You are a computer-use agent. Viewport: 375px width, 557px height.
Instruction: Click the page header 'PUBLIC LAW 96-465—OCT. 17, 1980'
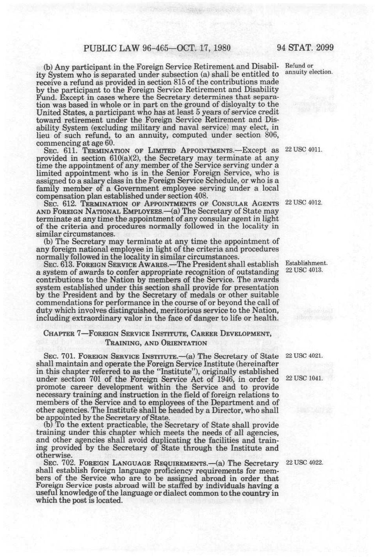(157, 48)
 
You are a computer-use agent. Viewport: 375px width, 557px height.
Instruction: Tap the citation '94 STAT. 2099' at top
(305, 48)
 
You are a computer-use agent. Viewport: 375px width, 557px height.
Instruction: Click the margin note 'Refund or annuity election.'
(309, 69)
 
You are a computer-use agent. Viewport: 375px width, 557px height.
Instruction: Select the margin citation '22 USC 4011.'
(304, 150)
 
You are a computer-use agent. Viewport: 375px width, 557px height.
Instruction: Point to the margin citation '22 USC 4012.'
(304, 203)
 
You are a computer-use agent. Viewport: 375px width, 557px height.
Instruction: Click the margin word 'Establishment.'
(306, 263)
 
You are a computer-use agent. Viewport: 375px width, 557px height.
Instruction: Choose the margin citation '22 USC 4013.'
(304, 270)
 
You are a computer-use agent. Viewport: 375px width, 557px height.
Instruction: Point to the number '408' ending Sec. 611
(200, 196)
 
